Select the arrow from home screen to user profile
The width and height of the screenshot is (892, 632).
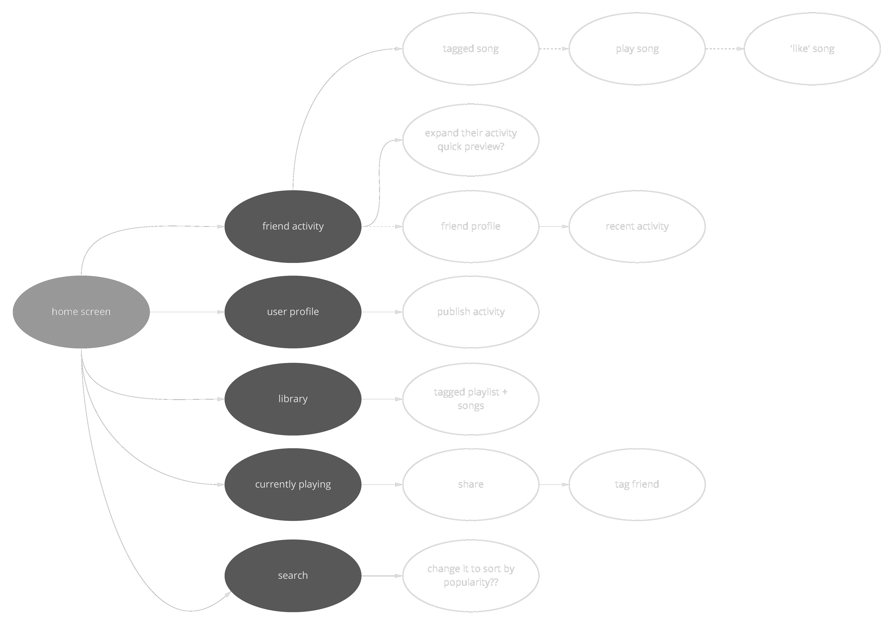187,312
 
